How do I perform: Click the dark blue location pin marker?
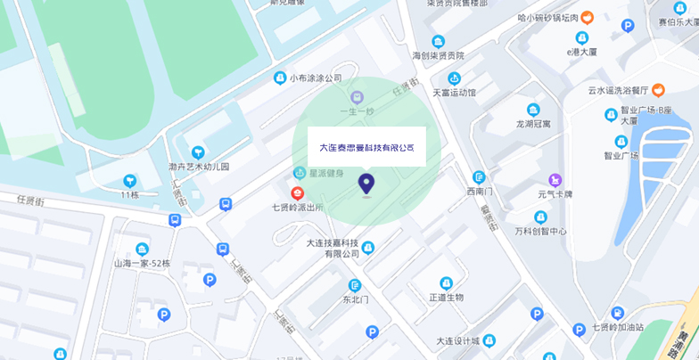(366, 184)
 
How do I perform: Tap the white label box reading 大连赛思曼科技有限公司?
(366, 147)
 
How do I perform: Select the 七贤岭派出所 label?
(298, 208)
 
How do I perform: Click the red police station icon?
(298, 192)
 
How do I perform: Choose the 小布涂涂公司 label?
(316, 78)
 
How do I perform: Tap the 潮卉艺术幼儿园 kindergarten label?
(199, 167)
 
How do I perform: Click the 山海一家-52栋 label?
(142, 264)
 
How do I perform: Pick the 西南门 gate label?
(479, 191)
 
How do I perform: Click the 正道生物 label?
(447, 297)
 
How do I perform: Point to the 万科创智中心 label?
(540, 232)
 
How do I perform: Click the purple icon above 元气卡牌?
(555, 180)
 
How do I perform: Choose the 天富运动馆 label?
(454, 92)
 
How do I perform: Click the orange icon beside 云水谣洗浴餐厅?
(658, 89)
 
